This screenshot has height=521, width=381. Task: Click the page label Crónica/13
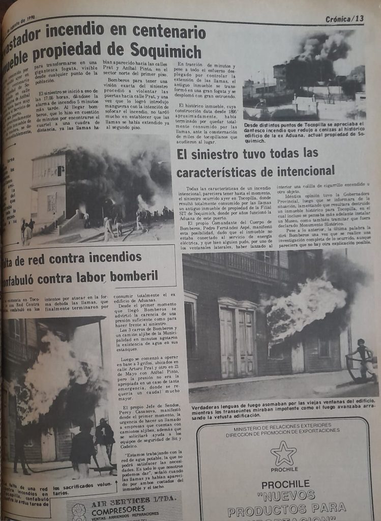click(345, 19)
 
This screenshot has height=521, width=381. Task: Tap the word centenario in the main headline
click(168, 33)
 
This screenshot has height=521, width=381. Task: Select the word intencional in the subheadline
click(303, 170)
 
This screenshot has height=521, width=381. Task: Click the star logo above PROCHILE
click(283, 452)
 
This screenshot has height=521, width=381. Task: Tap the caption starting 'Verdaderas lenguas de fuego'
click(285, 411)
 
